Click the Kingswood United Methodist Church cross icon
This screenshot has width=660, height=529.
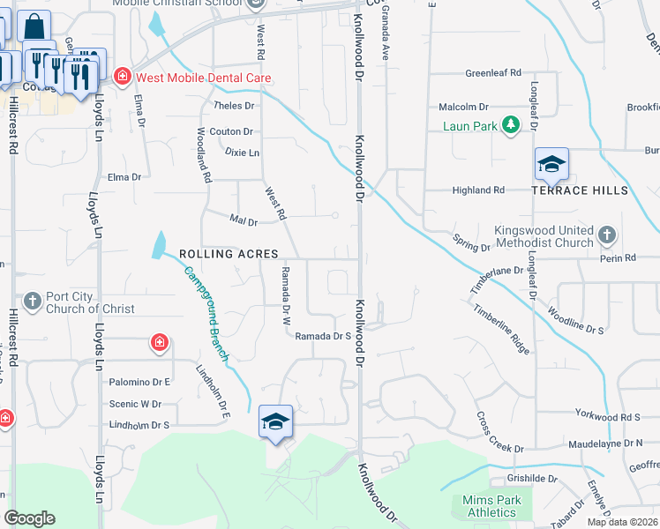coord(606,235)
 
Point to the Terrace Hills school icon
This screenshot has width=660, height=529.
coord(551,165)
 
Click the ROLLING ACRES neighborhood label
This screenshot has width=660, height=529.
coord(229,253)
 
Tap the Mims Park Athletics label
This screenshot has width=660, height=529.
coord(491,506)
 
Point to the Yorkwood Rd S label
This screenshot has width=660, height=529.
coord(606,416)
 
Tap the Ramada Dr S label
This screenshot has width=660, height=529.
coord(323,336)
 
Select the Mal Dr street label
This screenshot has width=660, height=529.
coord(243,221)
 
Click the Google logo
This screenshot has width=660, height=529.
coord(29,518)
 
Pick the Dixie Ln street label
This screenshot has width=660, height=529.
coord(242,153)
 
